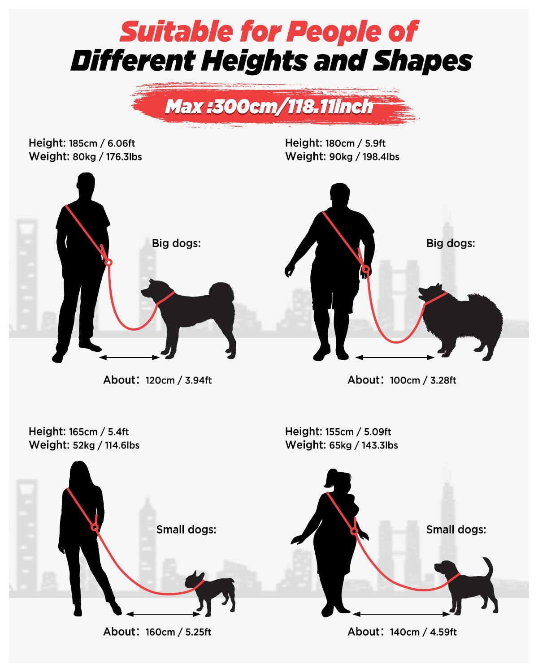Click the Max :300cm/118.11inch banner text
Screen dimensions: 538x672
pos(269,107)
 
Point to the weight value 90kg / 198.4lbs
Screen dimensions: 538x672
pos(364,156)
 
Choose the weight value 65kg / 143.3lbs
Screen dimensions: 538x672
pos(363,445)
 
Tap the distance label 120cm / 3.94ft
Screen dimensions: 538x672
pos(178,380)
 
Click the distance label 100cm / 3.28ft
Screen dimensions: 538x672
pos(423,380)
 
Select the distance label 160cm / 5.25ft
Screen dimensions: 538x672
pos(178,632)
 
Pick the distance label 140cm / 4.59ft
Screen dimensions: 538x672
pos(423,632)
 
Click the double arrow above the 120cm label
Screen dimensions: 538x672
pos(130,358)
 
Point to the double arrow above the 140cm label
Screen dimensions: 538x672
pos(402,614)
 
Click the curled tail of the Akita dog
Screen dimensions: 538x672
pos(222,293)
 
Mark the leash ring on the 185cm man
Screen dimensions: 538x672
pos(108,263)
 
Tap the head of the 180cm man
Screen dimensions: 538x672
pos(340,194)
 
